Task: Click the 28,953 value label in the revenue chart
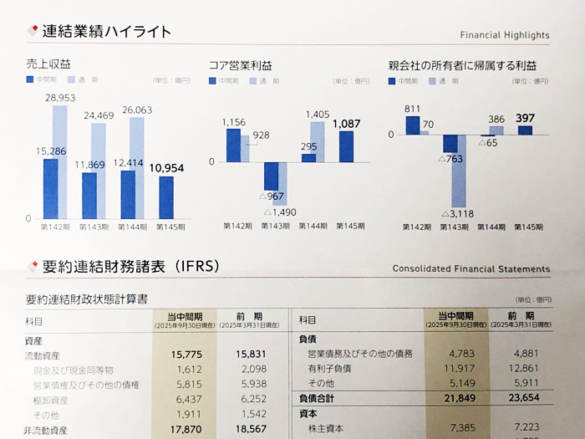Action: pyautogui.click(x=66, y=98)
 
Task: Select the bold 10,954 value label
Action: pyautogui.click(x=166, y=168)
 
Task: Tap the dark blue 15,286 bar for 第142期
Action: pyautogui.click(x=51, y=189)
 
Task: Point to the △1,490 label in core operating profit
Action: pyautogui.click(x=281, y=212)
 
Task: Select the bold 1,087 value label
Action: pyautogui.click(x=346, y=124)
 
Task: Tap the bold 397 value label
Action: pyautogui.click(x=525, y=118)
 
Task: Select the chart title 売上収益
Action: pyautogui.click(x=48, y=64)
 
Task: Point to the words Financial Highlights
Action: pyautogui.click(x=505, y=35)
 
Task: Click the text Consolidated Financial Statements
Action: pyautogui.click(x=471, y=269)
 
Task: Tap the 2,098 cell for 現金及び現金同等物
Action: pyautogui.click(x=247, y=370)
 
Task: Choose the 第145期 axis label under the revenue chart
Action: pyautogui.click(x=166, y=227)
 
